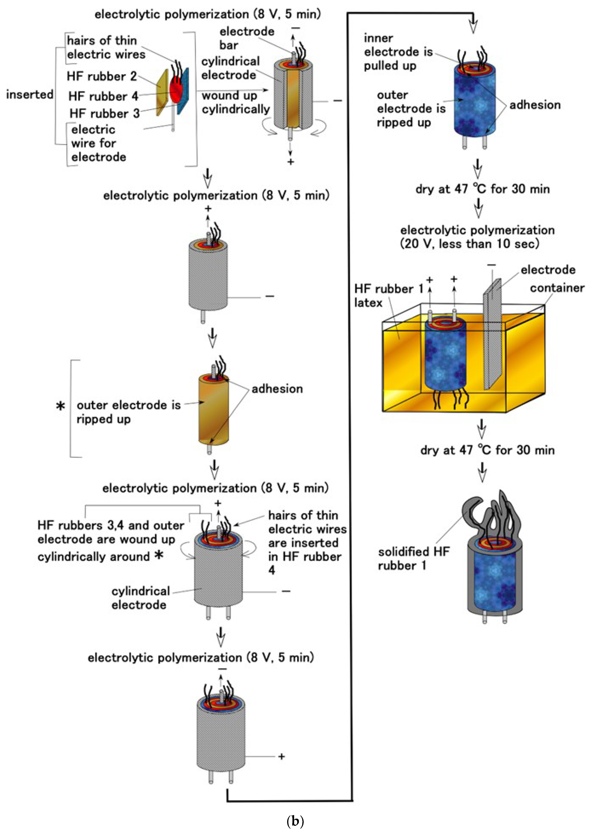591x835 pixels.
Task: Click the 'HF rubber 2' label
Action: [x=102, y=76]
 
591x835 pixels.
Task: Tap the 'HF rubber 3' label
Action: [x=104, y=114]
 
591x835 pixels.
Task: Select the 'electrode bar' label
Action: [x=246, y=38]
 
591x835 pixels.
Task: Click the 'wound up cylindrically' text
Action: [x=235, y=102]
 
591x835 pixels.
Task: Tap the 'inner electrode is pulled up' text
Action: [x=398, y=52]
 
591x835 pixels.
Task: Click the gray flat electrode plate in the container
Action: [x=492, y=335]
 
